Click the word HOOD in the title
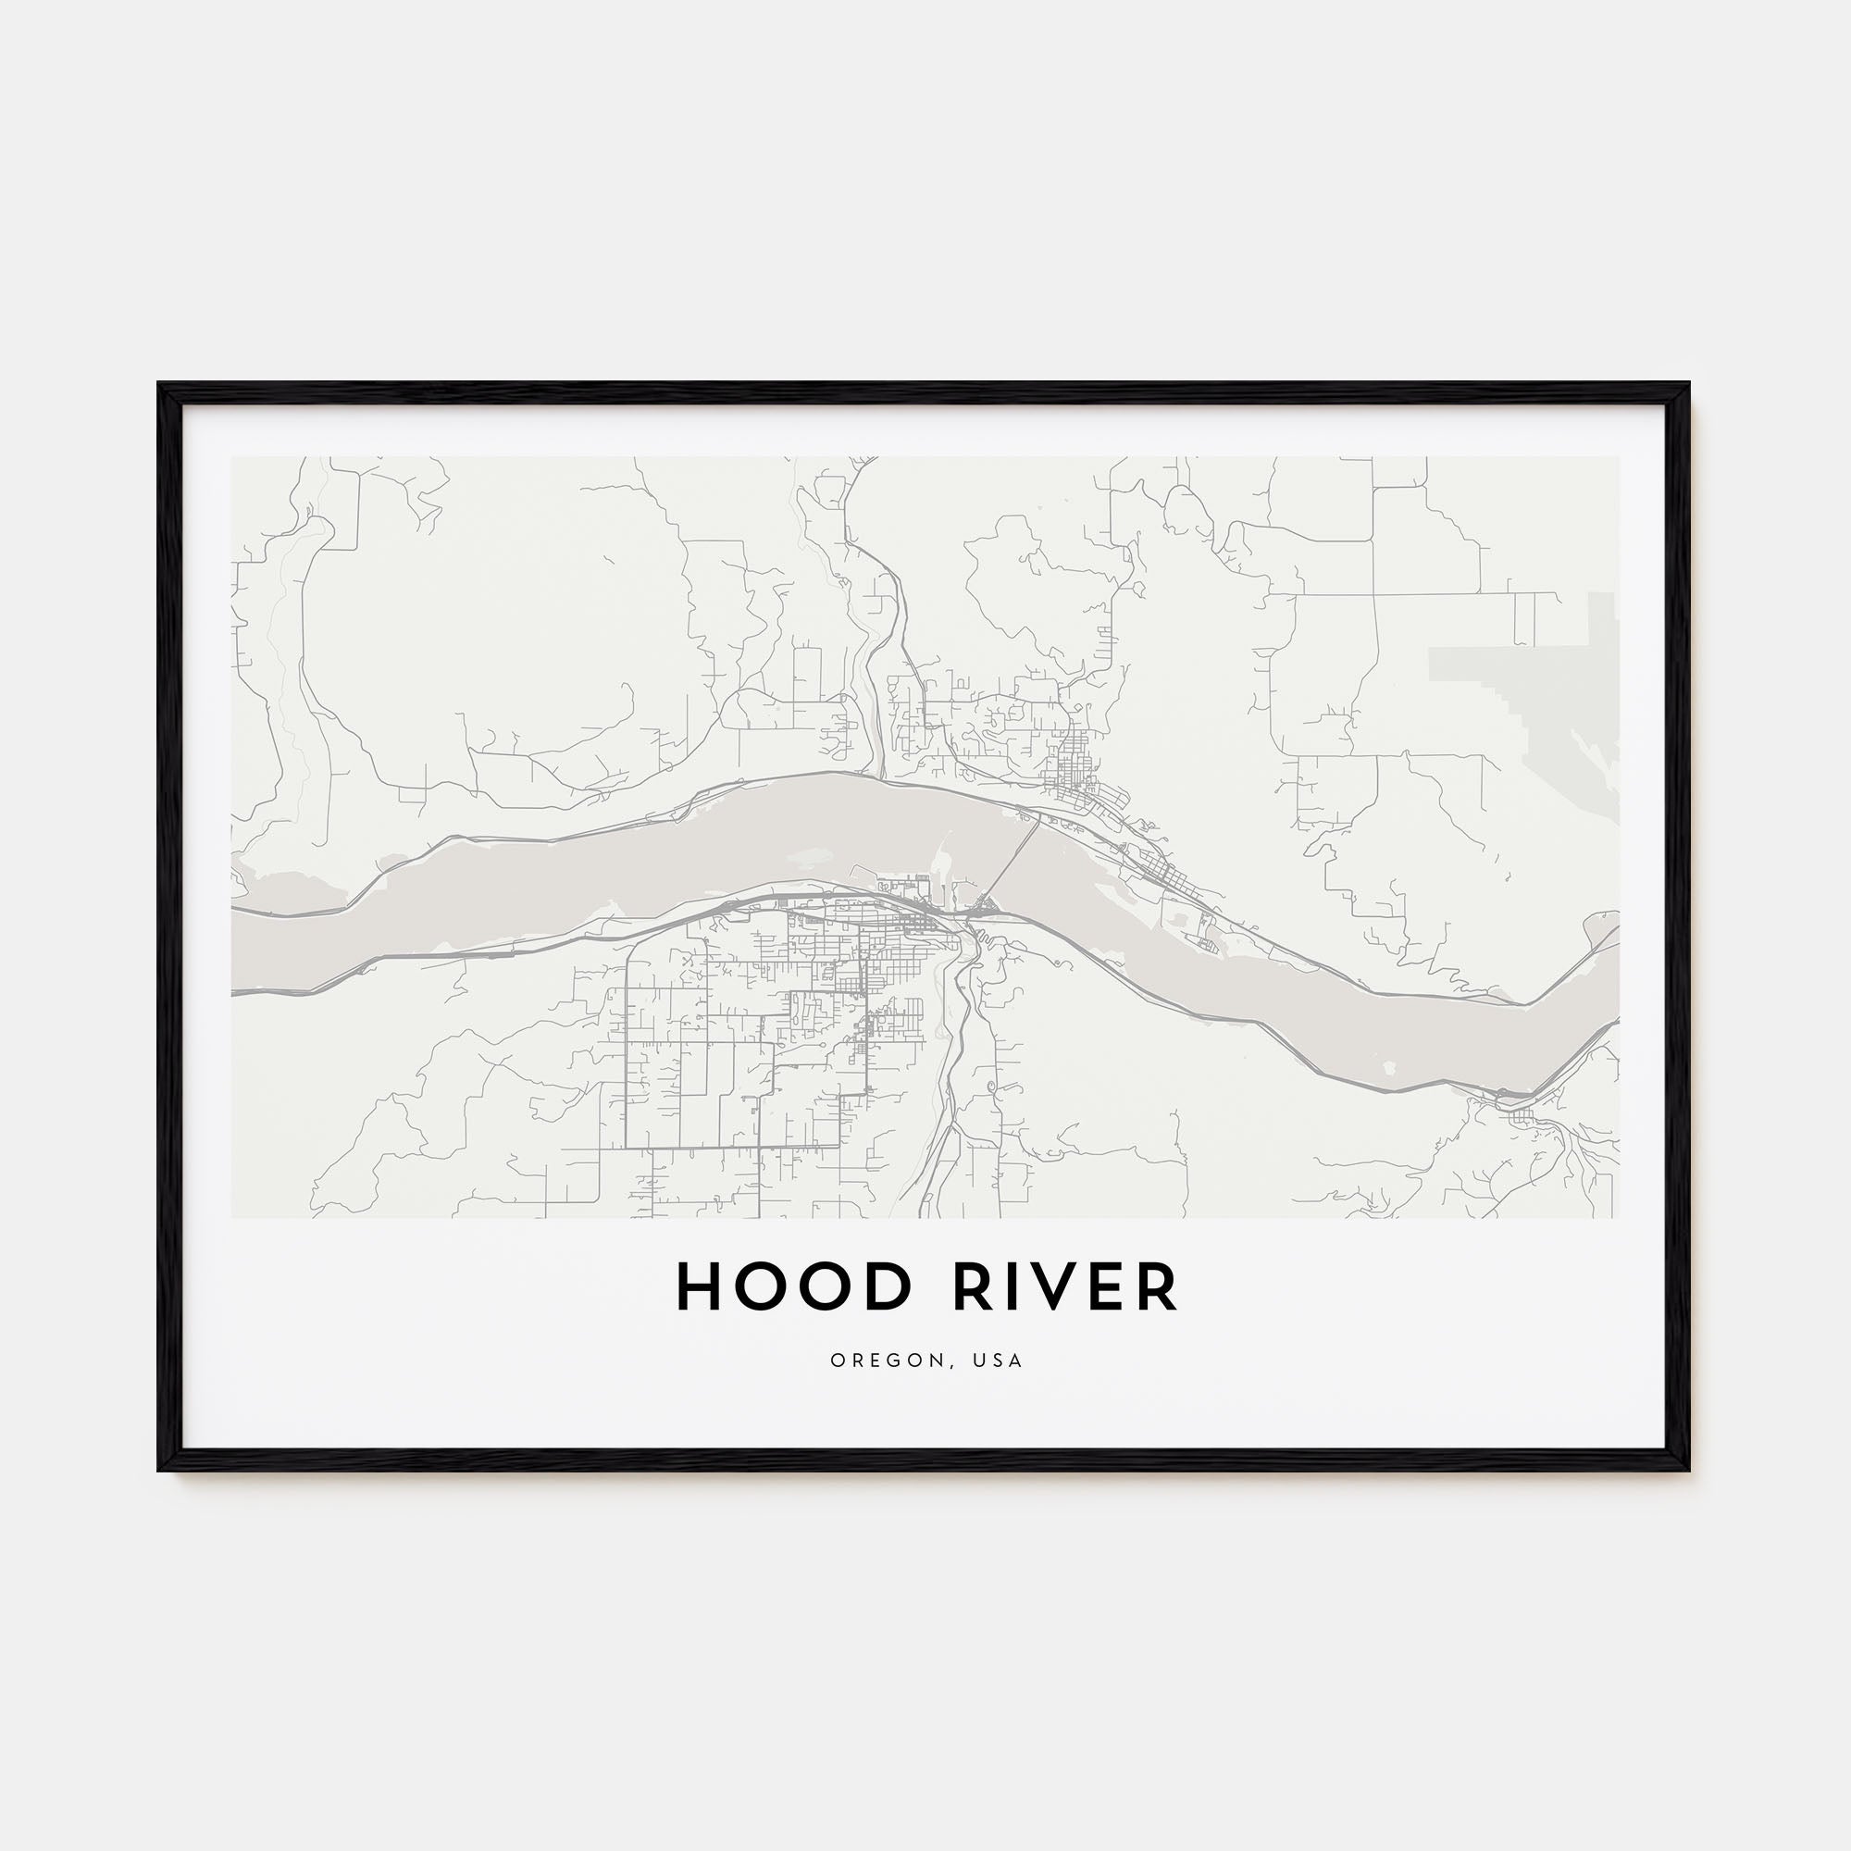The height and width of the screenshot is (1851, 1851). pos(792,1286)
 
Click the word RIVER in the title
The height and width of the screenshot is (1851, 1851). pos(1064,1286)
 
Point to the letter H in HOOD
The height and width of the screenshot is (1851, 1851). pos(700,1286)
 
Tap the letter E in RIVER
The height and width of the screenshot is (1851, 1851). pos(1112,1286)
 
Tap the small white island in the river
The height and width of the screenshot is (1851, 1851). pos(1389,1065)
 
